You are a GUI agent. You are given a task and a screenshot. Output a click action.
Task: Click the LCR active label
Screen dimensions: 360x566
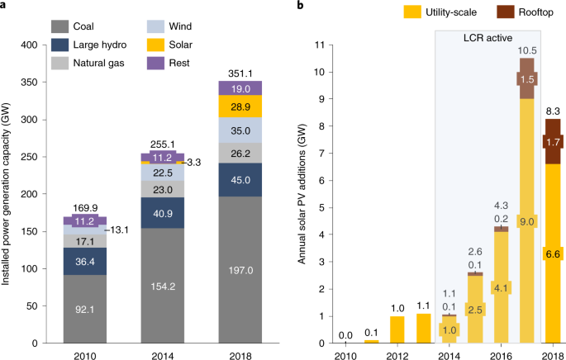click(x=488, y=37)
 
